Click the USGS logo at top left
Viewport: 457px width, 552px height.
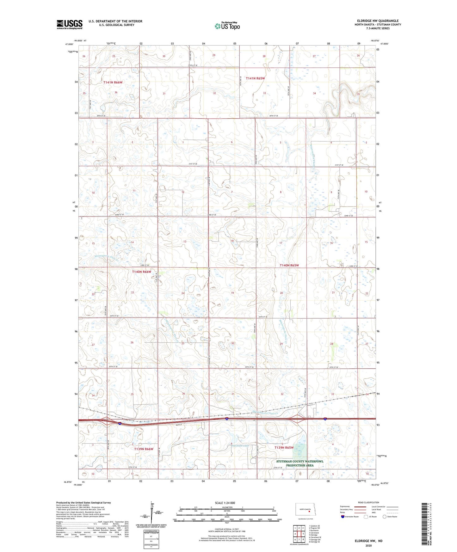pyautogui.click(x=69, y=24)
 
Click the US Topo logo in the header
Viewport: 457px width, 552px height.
pyautogui.click(x=227, y=26)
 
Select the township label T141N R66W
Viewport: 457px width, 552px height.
pyautogui.click(x=113, y=82)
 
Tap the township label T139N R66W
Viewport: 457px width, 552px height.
pyautogui.click(x=144, y=449)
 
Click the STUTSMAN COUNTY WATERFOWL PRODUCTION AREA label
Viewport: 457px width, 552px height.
pyautogui.click(x=300, y=463)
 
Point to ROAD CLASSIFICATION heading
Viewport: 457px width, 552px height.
pyautogui.click(x=368, y=502)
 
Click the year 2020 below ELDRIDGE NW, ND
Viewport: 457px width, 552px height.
pyautogui.click(x=368, y=545)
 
